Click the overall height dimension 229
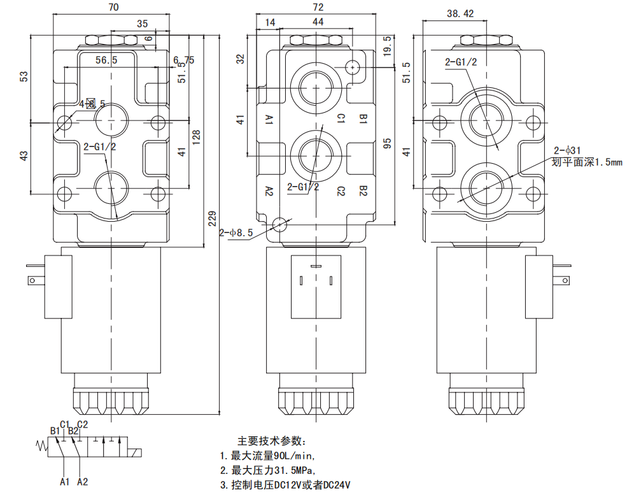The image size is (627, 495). (213, 219)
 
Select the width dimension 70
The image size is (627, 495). (115, 8)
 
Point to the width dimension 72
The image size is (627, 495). (318, 8)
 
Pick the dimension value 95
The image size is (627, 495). (386, 145)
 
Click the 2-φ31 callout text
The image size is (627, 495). (567, 150)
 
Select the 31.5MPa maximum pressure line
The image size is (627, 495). (267, 470)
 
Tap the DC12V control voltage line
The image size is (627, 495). (286, 485)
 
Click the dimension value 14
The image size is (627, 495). (271, 22)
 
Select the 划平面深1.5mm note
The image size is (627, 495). (587, 162)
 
